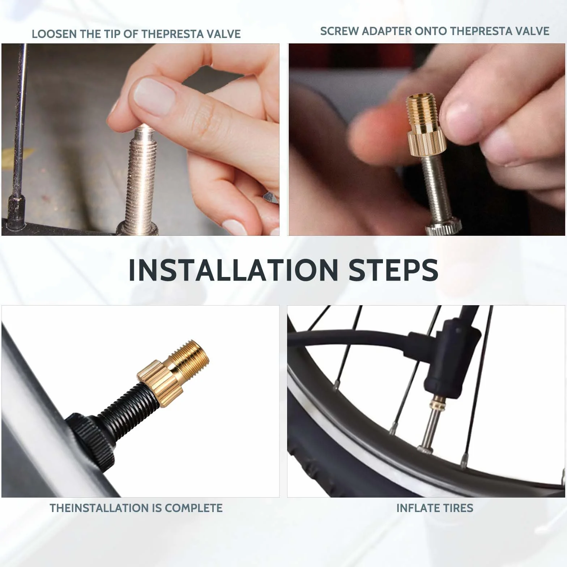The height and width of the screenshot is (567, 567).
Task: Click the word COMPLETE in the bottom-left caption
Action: point(193,508)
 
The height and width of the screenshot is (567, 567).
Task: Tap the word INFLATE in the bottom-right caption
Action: point(417,508)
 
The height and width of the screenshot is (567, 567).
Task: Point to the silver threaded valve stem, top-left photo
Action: point(141,177)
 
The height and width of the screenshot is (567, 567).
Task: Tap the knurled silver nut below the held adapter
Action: point(443,228)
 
